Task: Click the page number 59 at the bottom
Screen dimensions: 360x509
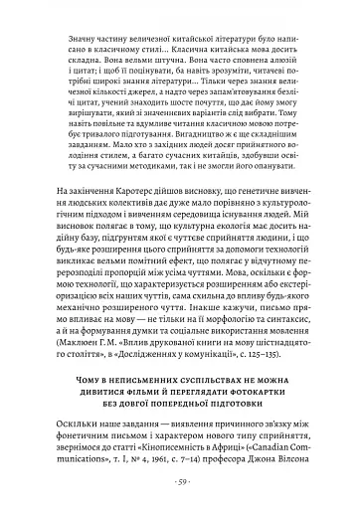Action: [x=181, y=484]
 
